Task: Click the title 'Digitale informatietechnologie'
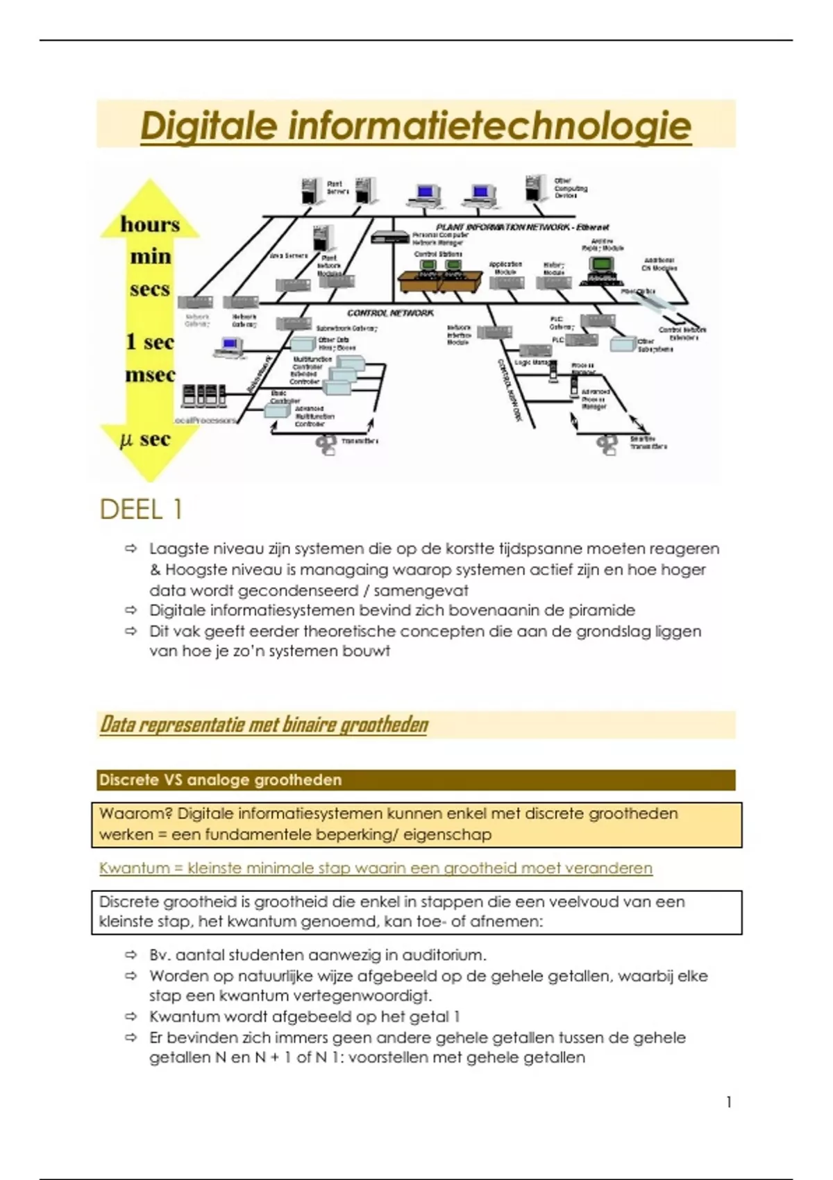click(416, 126)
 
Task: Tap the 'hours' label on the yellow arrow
click(150, 225)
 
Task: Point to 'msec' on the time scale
click(150, 376)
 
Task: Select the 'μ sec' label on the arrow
click(146, 439)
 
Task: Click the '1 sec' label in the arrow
click(150, 342)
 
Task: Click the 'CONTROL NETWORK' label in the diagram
click(390, 313)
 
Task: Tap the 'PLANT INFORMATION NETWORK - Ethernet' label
click(522, 227)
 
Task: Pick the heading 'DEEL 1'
click(141, 509)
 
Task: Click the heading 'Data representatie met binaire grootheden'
click(264, 725)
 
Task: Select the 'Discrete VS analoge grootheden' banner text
click(220, 780)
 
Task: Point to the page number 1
click(728, 1102)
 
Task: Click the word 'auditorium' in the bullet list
click(444, 955)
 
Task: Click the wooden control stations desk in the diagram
click(440, 281)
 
